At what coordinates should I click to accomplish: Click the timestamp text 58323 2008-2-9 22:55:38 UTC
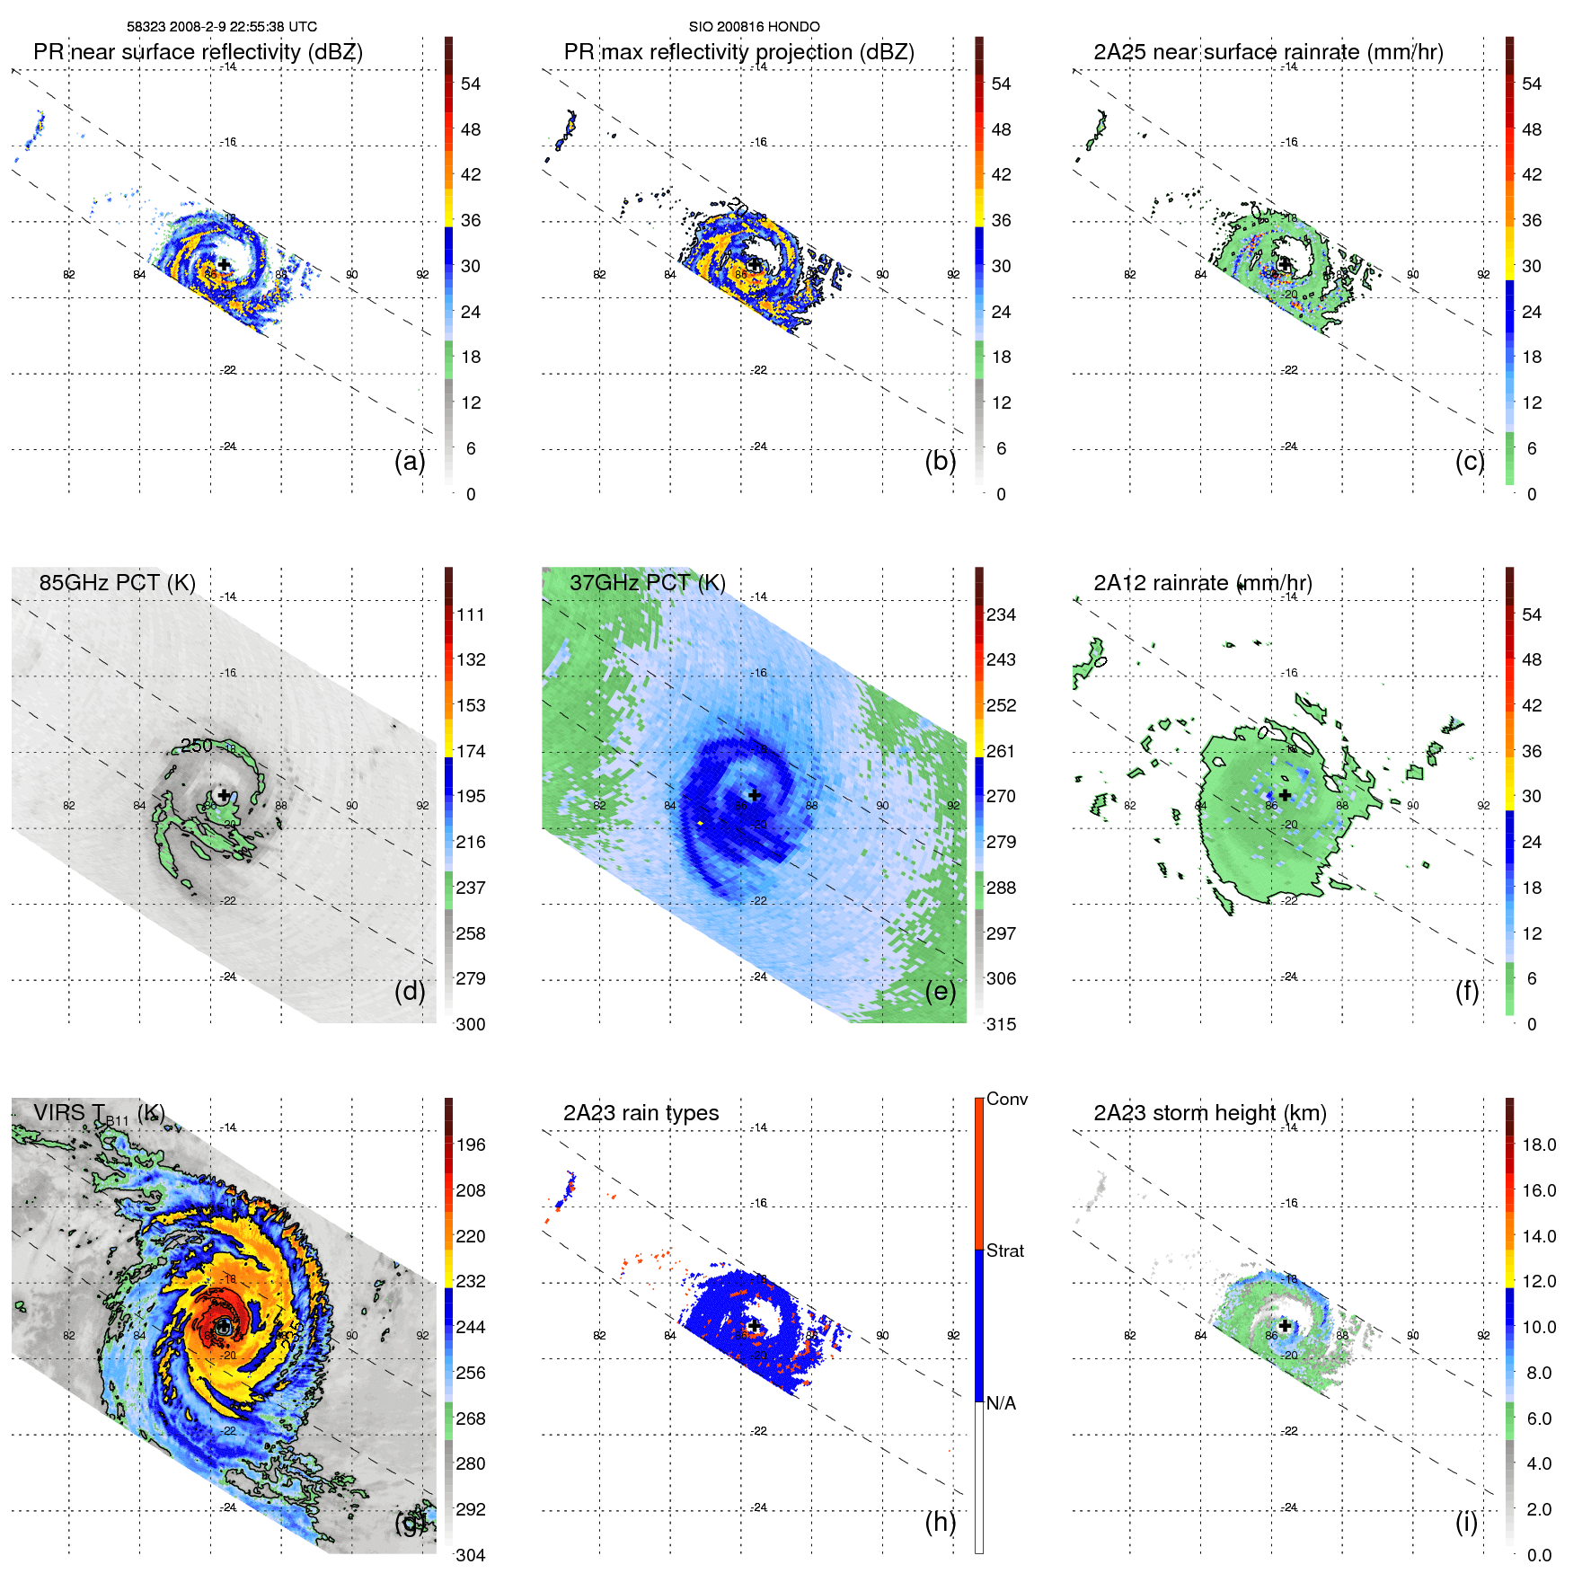[221, 27]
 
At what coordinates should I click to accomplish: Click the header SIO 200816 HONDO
[754, 27]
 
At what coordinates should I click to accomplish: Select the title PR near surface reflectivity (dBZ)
[198, 52]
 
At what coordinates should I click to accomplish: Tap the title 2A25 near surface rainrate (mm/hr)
[1268, 52]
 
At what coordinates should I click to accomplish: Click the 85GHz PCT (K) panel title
[117, 582]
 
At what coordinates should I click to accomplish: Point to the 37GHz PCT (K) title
[647, 582]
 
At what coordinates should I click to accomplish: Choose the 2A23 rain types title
[641, 1113]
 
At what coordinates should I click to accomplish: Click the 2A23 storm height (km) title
[1209, 1113]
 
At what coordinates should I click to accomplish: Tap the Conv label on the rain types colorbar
[1006, 1099]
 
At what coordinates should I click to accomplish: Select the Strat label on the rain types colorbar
[1005, 1251]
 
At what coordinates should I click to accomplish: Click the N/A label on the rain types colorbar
[1001, 1403]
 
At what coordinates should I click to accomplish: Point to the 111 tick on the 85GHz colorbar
[471, 614]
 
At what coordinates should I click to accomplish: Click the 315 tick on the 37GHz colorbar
[1001, 1024]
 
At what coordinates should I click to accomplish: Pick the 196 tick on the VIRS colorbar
[471, 1145]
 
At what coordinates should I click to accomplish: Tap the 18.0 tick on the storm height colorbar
[1539, 1145]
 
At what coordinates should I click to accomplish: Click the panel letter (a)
[410, 461]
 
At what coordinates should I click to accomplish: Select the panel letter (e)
[940, 991]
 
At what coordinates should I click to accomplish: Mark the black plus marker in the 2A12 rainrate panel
[1285, 795]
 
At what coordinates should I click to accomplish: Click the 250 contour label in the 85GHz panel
[197, 746]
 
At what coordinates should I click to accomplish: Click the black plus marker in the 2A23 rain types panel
[755, 1325]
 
